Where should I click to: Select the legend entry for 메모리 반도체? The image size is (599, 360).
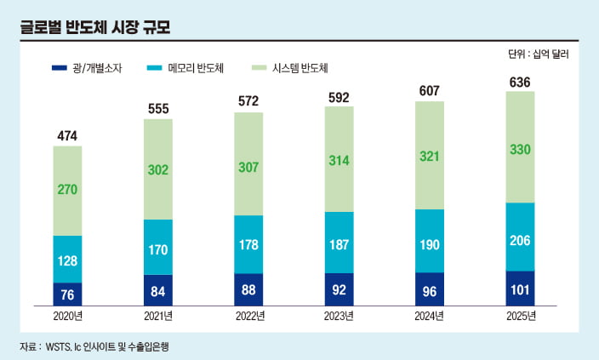pos(185,67)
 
